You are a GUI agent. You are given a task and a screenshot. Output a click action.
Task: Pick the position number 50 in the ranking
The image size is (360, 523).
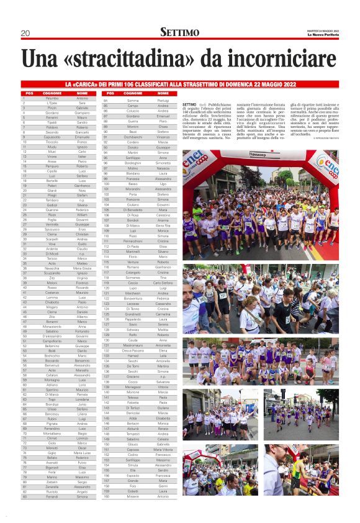click(24, 337)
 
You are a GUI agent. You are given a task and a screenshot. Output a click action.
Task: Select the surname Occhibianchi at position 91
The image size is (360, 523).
click(133, 137)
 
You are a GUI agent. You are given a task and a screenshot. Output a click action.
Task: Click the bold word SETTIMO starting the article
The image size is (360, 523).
click(190, 104)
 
